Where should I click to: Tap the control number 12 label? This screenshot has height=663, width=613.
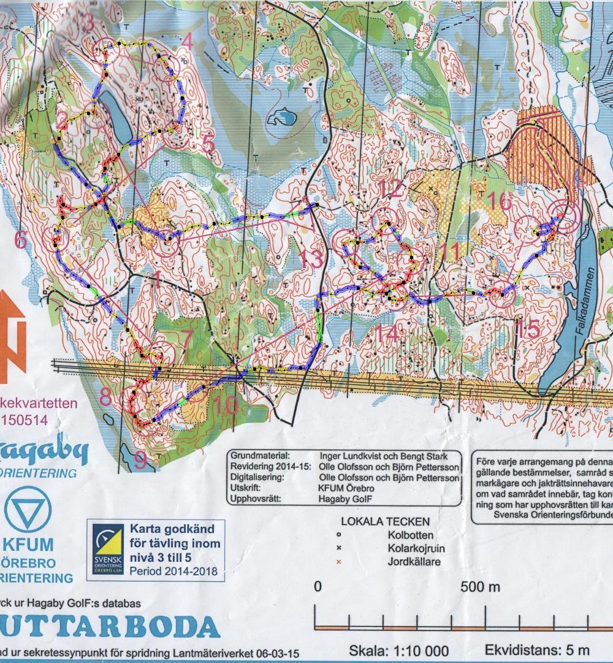pos(391,190)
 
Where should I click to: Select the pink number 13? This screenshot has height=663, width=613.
pos(311,258)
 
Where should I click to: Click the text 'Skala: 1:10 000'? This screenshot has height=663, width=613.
pos(398,650)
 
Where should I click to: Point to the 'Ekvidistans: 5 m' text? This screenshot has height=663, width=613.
pos(537,650)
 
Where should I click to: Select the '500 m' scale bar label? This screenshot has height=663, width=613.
pos(479,587)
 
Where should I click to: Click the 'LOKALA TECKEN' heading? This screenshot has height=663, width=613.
pos(385,522)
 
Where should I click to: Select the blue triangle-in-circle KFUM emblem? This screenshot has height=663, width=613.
pos(27,508)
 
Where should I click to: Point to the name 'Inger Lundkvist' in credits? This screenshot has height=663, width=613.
pos(349,456)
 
